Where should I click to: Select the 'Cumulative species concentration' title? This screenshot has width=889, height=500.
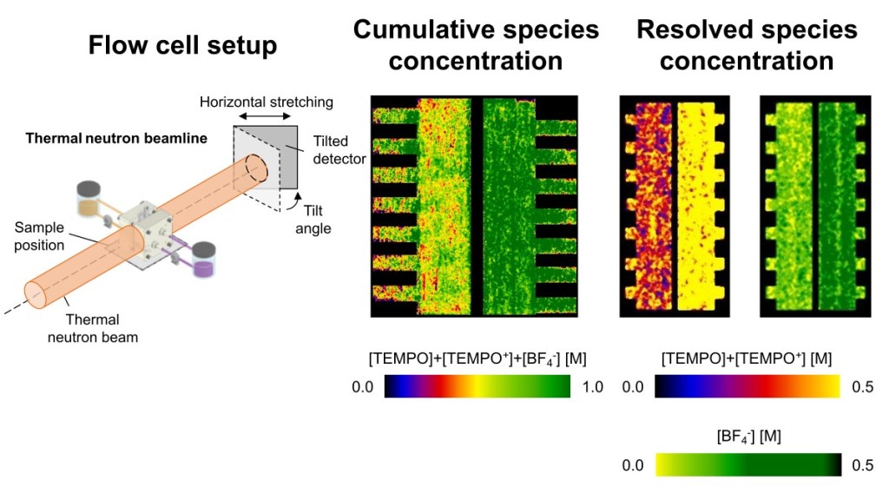click(476, 45)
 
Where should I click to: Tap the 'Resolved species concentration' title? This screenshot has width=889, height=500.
click(747, 45)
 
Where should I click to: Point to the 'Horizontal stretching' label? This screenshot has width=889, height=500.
click(267, 102)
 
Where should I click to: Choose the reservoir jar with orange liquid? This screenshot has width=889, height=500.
click(89, 199)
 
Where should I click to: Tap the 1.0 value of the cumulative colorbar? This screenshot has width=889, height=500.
click(591, 387)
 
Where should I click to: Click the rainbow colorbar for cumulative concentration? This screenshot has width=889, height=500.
click(477, 386)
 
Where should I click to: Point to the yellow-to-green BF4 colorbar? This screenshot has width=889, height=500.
click(747, 464)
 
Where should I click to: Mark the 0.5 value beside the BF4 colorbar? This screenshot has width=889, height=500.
click(862, 465)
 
